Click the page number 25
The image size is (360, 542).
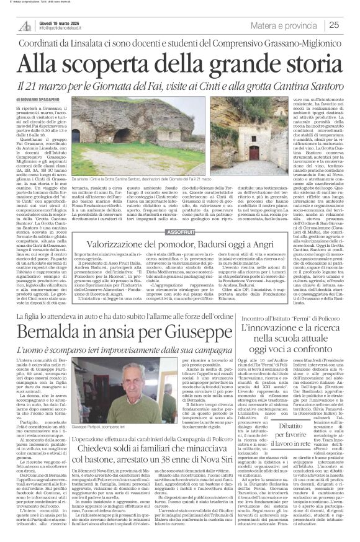click(x=350, y=25)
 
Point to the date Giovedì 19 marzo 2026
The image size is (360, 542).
click(x=60, y=20)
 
